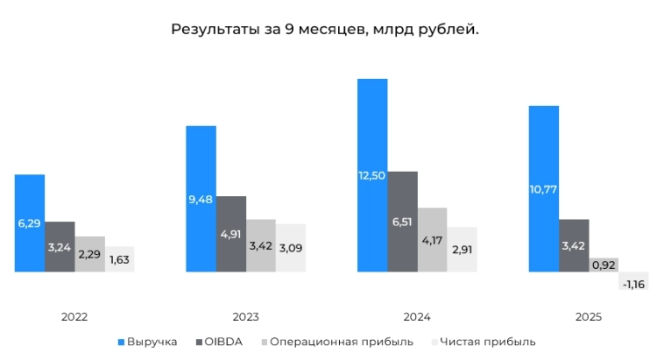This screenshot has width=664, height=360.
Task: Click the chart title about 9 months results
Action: click(325, 30)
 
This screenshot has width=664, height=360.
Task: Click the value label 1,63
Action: click(119, 260)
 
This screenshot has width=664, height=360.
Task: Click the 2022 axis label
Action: click(74, 316)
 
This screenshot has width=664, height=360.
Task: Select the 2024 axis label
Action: click(416, 316)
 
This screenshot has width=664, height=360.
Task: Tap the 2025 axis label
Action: click(588, 316)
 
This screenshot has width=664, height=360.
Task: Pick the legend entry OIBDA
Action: click(223, 342)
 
